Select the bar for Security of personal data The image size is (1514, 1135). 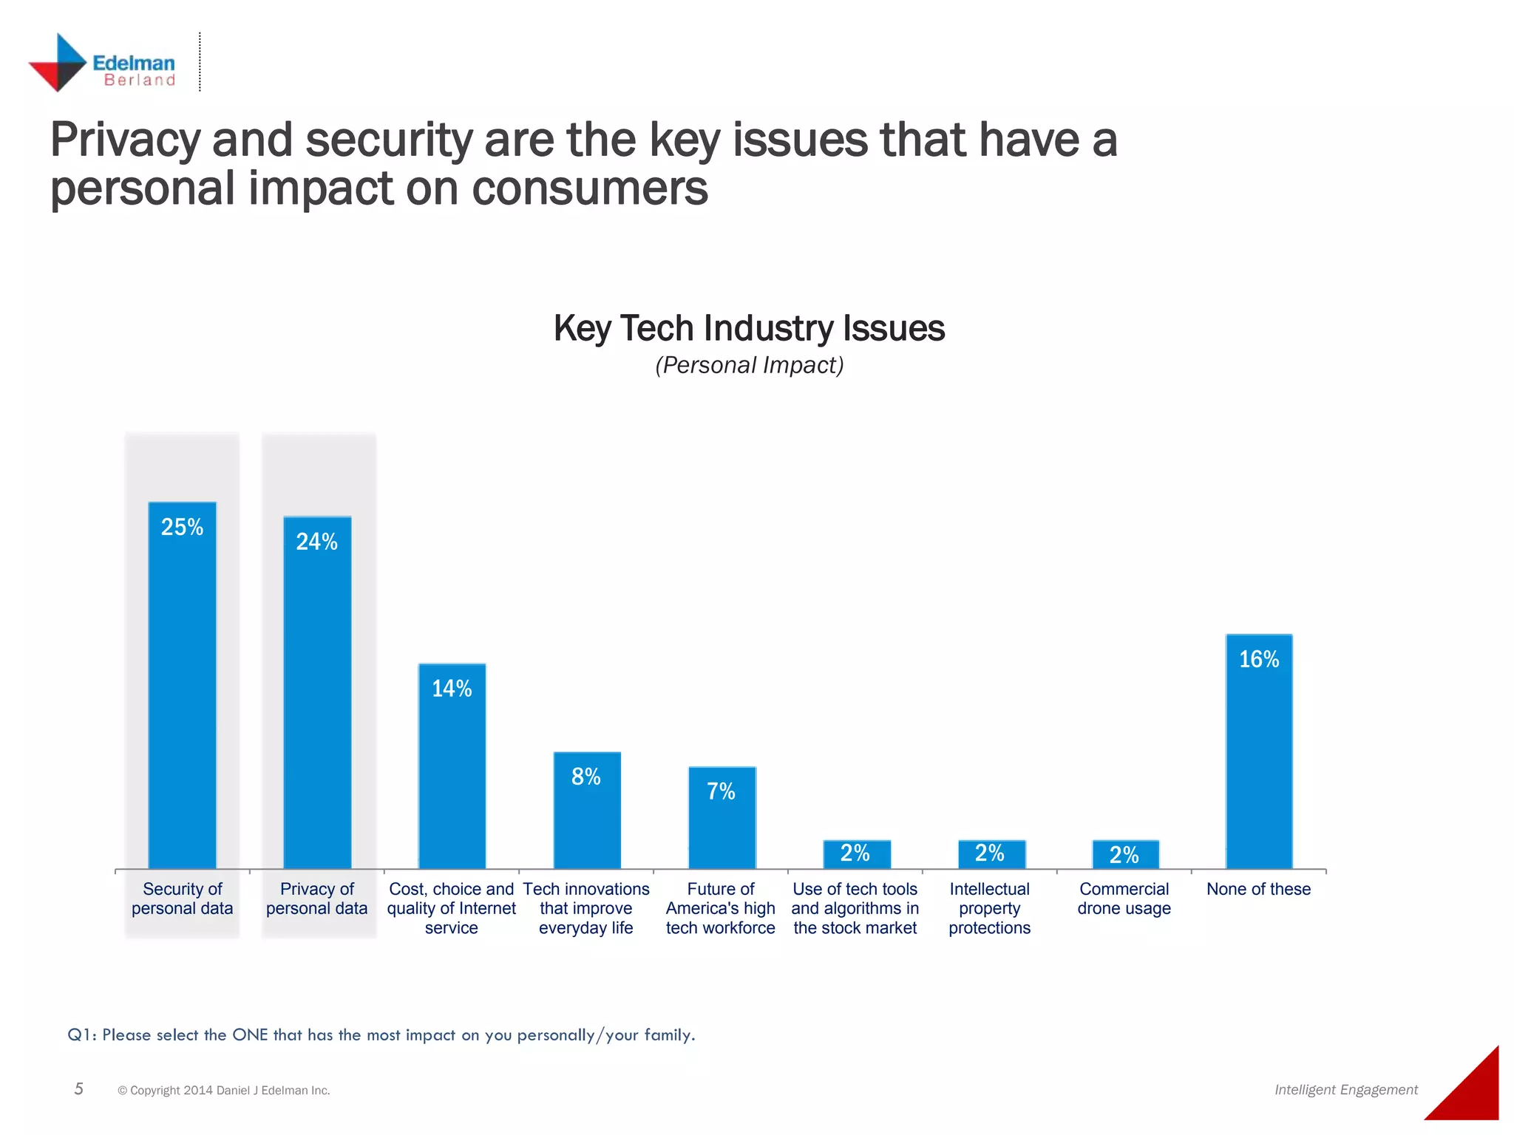[x=183, y=687]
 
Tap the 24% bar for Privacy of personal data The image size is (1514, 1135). [x=317, y=695]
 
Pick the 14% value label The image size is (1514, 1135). [x=452, y=689]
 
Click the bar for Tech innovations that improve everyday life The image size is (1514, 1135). [x=587, y=813]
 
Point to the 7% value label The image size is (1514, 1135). [x=721, y=791]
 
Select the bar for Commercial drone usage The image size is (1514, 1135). [x=1125, y=855]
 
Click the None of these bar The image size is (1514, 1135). [x=1259, y=754]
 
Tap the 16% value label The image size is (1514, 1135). [x=1259, y=659]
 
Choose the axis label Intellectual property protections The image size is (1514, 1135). [x=989, y=908]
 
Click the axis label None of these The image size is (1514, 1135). [x=1258, y=889]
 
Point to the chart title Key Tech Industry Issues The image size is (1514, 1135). [x=749, y=328]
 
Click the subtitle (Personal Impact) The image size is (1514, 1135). [x=749, y=365]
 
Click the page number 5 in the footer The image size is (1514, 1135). [x=79, y=1088]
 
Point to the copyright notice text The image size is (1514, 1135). [x=224, y=1090]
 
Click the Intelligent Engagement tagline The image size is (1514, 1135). [x=1345, y=1089]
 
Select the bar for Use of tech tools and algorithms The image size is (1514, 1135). [x=856, y=855]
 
